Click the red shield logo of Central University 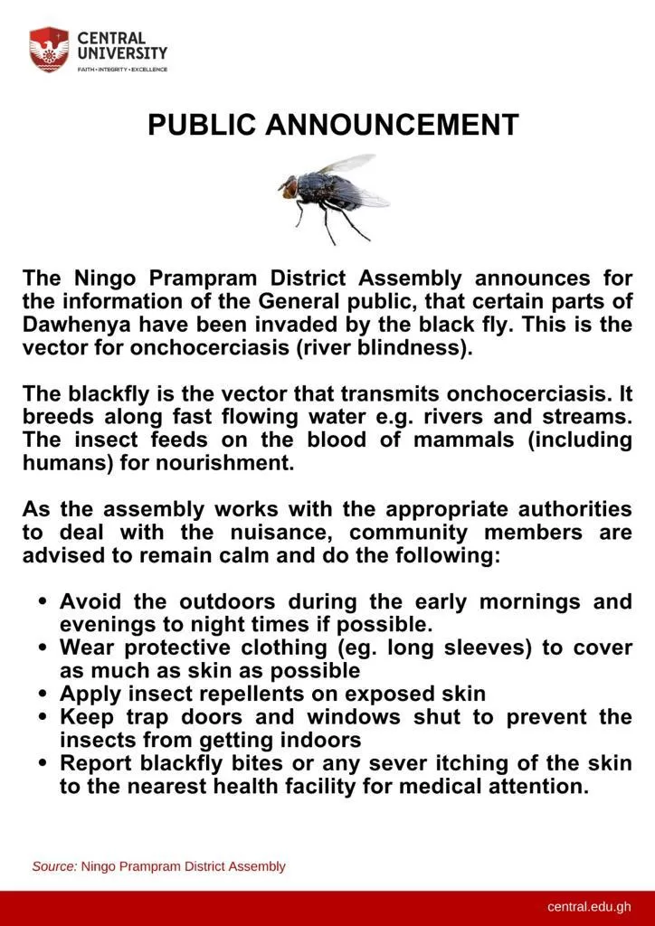tap(49, 49)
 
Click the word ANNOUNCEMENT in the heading tap(392, 125)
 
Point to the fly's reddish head tap(288, 188)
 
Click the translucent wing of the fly tap(348, 165)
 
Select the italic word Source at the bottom tap(54, 866)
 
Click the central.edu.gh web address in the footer tap(589, 907)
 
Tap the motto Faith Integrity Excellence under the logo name tap(122, 70)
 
